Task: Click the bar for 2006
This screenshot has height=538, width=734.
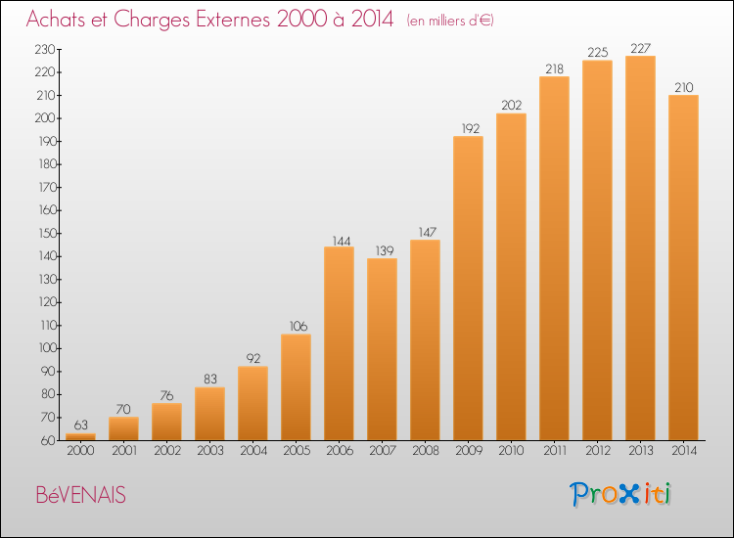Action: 339,343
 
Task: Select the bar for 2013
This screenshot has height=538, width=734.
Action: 640,247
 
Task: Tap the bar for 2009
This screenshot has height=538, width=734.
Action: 468,289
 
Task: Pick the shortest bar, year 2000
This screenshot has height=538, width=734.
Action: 80,437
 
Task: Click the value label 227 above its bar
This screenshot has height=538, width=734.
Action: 640,48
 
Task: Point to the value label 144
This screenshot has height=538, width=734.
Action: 342,241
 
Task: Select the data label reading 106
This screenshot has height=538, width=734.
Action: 298,326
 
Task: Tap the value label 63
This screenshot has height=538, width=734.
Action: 80,425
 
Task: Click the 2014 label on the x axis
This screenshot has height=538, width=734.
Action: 684,451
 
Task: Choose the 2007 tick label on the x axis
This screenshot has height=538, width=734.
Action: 383,451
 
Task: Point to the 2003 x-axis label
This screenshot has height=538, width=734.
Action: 210,451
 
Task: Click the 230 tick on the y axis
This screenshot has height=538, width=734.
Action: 45,49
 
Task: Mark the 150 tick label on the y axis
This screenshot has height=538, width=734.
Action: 47,233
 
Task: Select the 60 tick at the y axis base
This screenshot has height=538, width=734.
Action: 49,440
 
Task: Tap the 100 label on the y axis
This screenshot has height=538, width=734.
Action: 47,348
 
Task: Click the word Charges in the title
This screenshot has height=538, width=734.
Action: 151,20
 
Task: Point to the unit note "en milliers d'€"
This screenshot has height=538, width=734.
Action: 450,21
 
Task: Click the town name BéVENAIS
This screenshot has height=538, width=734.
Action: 80,495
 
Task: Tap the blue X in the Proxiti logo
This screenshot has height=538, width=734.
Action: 628,494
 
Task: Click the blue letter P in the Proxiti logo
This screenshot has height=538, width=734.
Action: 578,494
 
